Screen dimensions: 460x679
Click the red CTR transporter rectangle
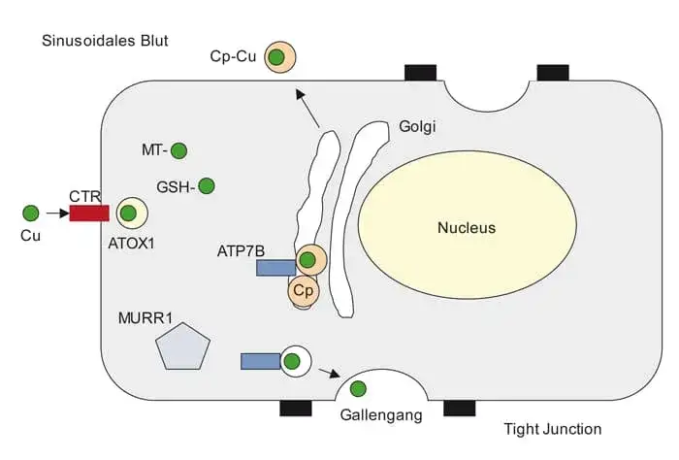coord(88,213)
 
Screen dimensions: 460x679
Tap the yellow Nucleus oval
coord(440,229)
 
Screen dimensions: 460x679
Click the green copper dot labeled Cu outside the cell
coord(31,213)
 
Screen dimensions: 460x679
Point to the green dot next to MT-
coord(178,150)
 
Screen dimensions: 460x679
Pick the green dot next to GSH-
coord(206,185)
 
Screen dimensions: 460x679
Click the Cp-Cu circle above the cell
coord(277,57)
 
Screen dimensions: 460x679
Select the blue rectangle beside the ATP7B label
coord(275,267)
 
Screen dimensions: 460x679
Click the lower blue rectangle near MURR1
coord(260,361)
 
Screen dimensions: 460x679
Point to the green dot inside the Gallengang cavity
coord(358,389)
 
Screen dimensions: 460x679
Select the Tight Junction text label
coord(553,429)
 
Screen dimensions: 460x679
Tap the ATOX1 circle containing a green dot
coord(130,213)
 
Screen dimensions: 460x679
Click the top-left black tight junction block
coord(420,73)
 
